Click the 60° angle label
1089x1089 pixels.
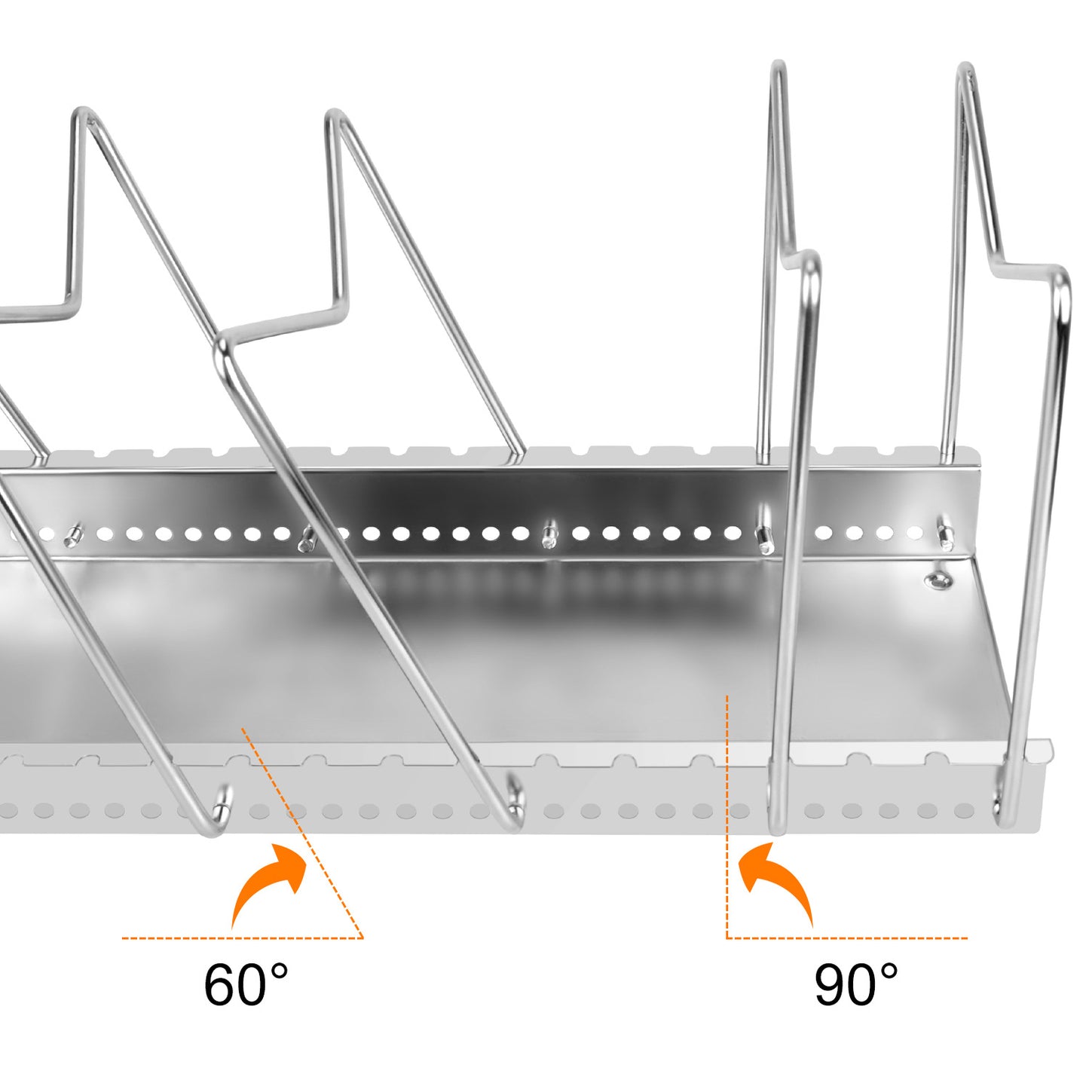(246, 984)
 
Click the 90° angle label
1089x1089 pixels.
(856, 984)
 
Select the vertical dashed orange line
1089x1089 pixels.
(727, 814)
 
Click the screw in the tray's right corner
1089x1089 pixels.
(938, 580)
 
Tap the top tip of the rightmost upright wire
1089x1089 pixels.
(965, 69)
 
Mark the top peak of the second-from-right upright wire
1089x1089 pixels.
(778, 66)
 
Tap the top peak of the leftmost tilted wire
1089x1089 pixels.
(83, 115)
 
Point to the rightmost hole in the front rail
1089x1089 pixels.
(964, 811)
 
